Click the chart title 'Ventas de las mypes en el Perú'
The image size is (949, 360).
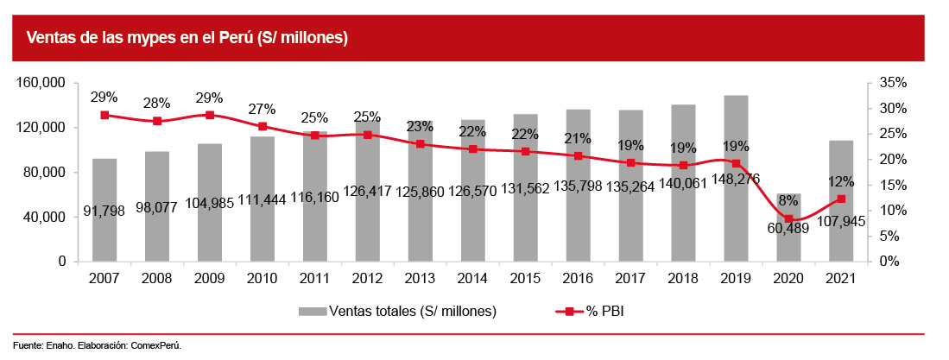click(x=187, y=38)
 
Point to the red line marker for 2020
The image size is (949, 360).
click(x=788, y=218)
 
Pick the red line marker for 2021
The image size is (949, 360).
click(x=841, y=199)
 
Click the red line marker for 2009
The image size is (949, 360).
click(x=210, y=115)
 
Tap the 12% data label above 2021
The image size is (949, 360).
click(x=840, y=181)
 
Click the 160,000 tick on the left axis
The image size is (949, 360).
click(x=42, y=83)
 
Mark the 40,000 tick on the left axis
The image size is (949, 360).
click(x=46, y=217)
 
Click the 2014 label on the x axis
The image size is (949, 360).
click(x=472, y=278)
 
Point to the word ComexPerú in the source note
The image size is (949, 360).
click(x=155, y=345)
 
